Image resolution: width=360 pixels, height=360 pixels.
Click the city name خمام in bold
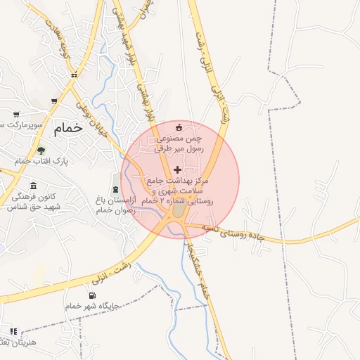click(68, 127)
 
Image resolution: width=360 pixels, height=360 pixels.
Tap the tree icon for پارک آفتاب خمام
click(40, 150)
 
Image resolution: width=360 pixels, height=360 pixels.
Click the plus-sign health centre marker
click(177, 169)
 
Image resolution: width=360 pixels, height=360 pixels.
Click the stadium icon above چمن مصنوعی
click(179, 127)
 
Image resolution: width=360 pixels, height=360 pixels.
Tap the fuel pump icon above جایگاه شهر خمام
click(92, 295)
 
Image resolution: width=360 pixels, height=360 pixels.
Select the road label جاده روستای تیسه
click(232, 232)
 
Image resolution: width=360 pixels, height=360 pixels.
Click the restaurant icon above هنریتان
click(13, 331)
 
